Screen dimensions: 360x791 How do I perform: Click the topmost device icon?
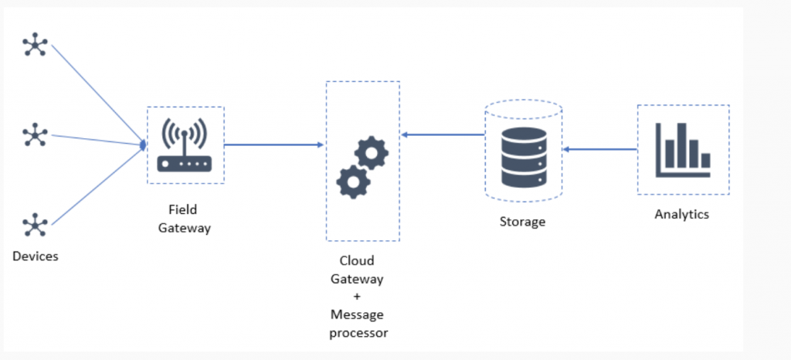(34, 46)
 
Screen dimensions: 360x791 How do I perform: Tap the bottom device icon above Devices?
(34, 225)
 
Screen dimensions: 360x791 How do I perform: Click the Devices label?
(36, 256)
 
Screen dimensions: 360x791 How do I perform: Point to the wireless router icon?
(185, 145)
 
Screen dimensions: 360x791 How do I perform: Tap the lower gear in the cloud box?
(351, 182)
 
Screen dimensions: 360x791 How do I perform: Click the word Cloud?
(357, 260)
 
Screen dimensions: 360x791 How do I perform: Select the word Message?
(357, 314)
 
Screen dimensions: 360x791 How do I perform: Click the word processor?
(357, 332)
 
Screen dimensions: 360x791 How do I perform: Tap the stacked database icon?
(523, 157)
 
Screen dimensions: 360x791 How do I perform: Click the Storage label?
(522, 222)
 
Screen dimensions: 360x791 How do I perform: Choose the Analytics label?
(681, 214)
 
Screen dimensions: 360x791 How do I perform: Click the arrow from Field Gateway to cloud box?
(274, 144)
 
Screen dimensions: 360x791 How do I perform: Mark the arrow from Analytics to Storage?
(600, 149)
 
